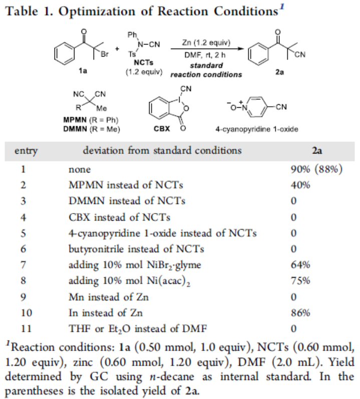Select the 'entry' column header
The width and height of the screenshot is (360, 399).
[x=26, y=150]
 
